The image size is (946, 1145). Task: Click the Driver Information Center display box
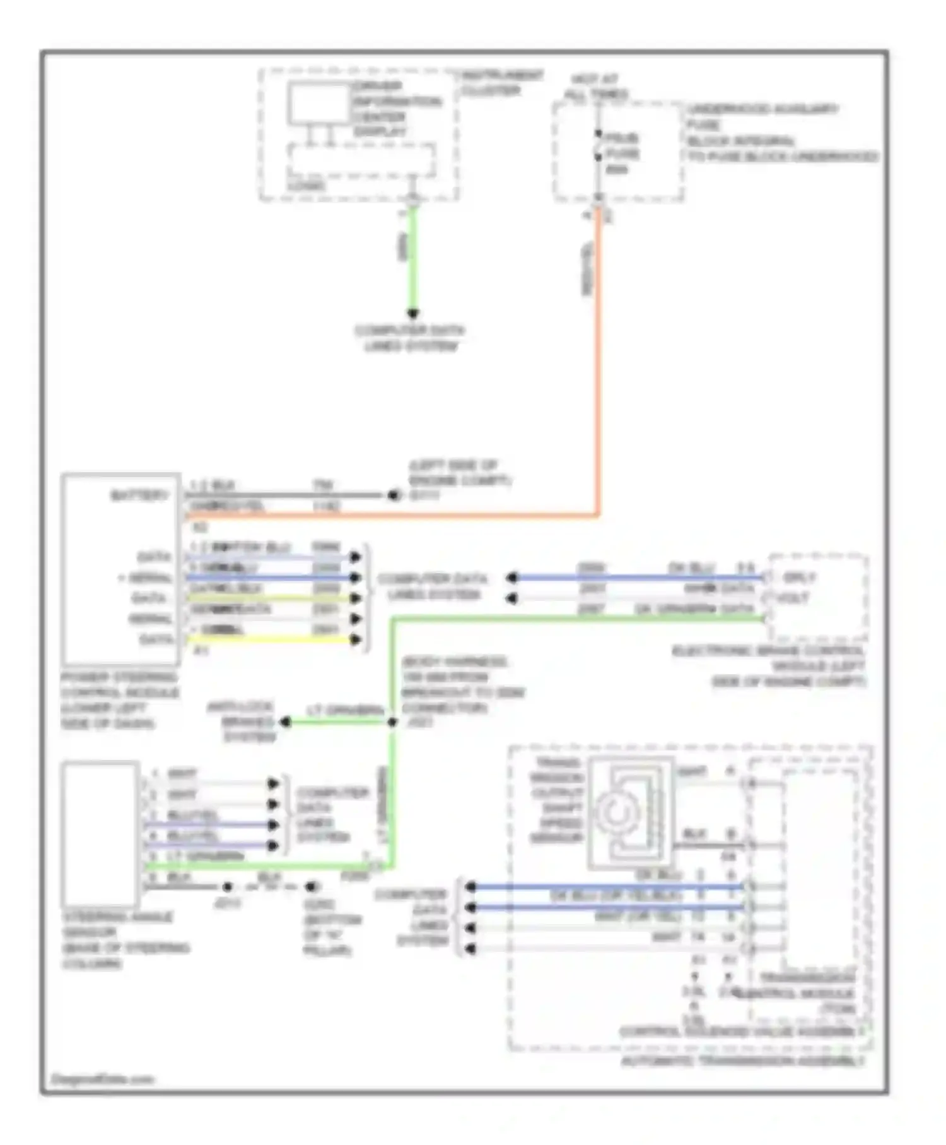[x=319, y=103]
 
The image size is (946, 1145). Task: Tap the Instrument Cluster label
[x=501, y=83]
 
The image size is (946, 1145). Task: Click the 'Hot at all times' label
[x=595, y=87]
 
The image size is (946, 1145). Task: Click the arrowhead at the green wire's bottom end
[x=412, y=313]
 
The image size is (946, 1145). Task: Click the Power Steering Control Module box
[x=120, y=568]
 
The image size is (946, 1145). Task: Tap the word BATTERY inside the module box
[x=139, y=495]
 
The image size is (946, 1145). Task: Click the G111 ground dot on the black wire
[x=395, y=495]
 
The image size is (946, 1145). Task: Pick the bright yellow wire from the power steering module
[x=271, y=639]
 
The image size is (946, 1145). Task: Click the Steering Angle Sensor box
[x=100, y=833]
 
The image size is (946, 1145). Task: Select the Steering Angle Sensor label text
[x=120, y=939]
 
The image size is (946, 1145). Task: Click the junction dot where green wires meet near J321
[x=392, y=721]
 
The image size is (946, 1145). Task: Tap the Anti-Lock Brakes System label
[x=248, y=721]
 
